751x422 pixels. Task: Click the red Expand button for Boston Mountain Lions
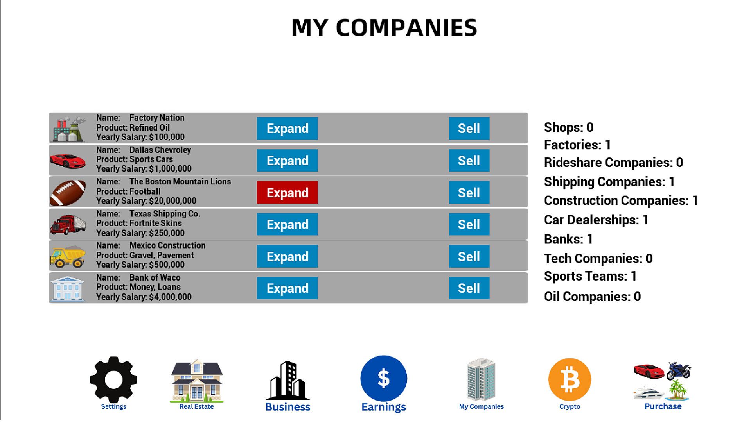tap(287, 192)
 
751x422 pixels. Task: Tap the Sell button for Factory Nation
tap(469, 128)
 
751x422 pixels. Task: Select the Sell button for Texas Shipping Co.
tap(469, 224)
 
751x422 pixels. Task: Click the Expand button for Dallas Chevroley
tap(287, 160)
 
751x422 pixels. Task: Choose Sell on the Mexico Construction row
tap(469, 256)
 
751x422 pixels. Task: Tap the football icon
tap(68, 193)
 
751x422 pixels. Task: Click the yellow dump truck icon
tap(68, 257)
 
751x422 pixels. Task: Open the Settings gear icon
tap(113, 379)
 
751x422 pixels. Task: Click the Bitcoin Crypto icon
tap(570, 380)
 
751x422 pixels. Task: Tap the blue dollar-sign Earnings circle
tap(384, 378)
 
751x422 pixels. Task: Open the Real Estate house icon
tap(197, 381)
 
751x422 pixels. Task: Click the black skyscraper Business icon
tap(288, 381)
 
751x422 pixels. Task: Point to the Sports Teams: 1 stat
tap(590, 276)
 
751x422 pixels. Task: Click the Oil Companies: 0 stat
tap(592, 297)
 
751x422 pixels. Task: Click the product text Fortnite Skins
tap(156, 223)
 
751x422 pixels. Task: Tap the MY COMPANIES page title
tap(384, 27)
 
